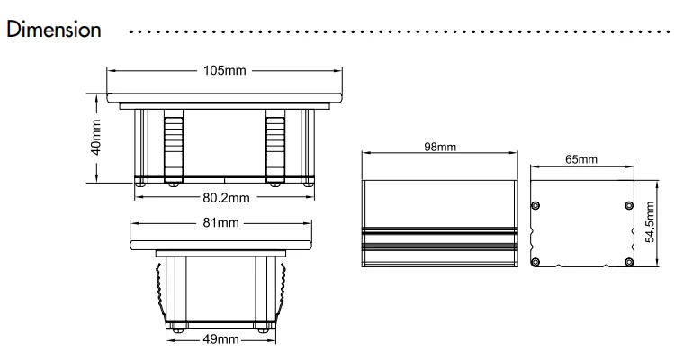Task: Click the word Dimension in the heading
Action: click(53, 30)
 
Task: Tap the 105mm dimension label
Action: click(223, 69)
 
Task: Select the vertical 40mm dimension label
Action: click(97, 137)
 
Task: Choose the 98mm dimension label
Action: click(439, 147)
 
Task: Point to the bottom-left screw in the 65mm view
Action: click(536, 261)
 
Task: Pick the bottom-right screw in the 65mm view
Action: click(628, 261)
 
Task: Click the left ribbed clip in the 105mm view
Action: click(173, 144)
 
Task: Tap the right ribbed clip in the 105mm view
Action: click(275, 144)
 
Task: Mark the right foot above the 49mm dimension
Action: click(263, 325)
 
